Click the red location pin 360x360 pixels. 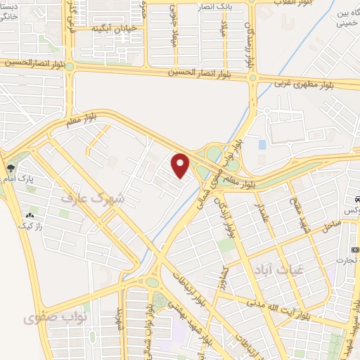(181, 165)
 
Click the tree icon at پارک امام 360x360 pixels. (10, 168)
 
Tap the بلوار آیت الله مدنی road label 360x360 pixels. (278, 308)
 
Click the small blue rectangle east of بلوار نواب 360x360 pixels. (262, 144)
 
